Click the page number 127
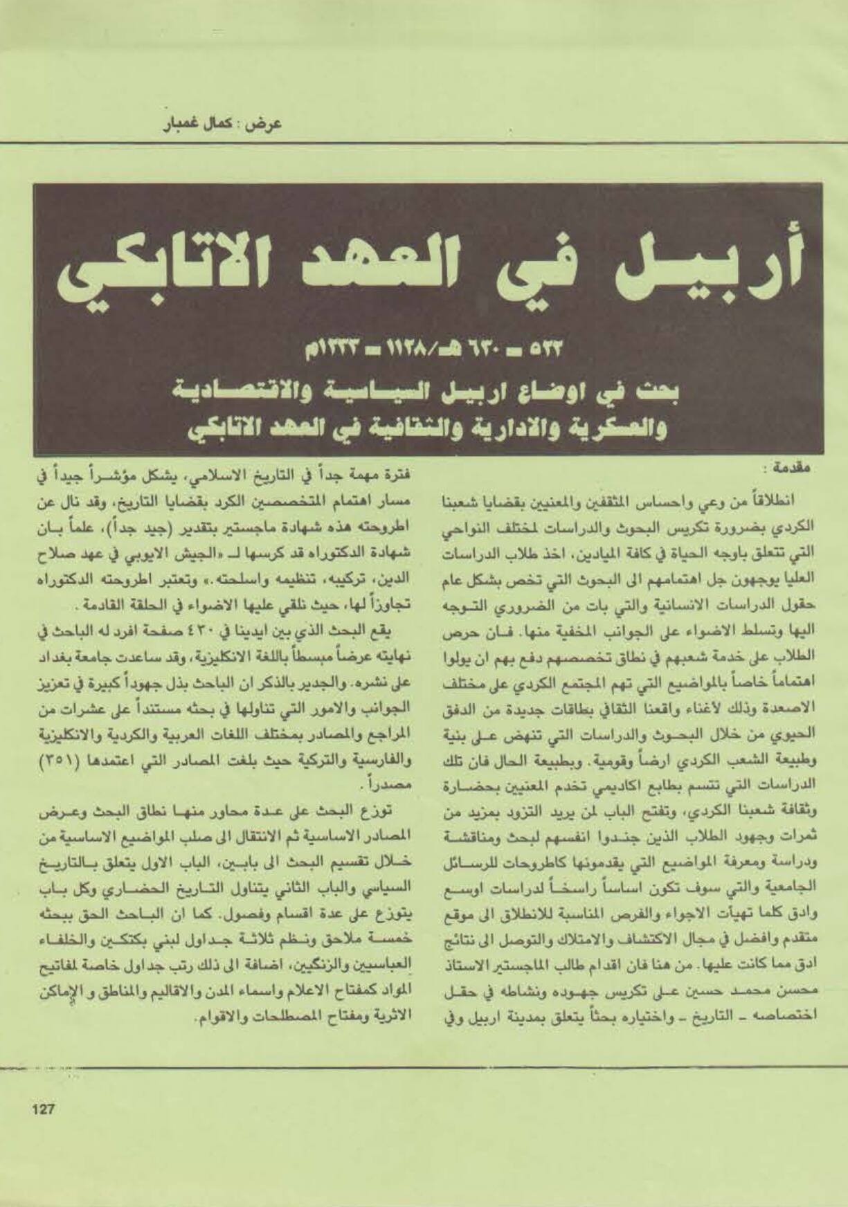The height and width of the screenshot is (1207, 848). [x=43, y=1109]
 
